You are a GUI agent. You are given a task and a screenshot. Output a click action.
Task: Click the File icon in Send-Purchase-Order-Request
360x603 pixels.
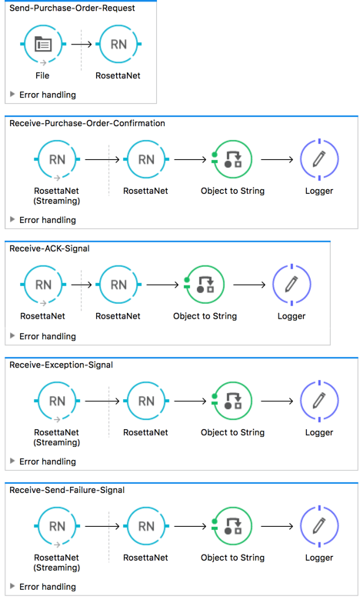pos(42,45)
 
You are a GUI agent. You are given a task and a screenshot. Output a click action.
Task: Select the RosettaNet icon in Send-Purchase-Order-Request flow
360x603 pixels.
pos(118,45)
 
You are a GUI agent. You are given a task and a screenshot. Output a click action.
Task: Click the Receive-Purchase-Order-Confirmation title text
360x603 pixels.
pos(86,123)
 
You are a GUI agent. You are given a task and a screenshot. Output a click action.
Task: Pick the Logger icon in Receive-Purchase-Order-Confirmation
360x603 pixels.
pos(319,160)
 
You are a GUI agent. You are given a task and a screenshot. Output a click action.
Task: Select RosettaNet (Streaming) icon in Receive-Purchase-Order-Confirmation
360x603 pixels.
pos(57,160)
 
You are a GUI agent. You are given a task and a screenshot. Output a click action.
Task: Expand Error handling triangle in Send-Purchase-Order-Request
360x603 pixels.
pos(12,95)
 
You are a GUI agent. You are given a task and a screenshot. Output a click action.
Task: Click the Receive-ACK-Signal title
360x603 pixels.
pos(52,248)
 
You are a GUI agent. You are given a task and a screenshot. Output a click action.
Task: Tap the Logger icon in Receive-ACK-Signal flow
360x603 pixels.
pos(292,285)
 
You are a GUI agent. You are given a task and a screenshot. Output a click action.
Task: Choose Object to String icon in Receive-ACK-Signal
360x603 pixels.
pos(205,285)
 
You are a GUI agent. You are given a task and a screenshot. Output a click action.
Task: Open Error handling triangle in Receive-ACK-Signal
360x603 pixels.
pos(12,336)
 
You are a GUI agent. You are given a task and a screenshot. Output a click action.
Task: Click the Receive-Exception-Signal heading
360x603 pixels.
pos(62,365)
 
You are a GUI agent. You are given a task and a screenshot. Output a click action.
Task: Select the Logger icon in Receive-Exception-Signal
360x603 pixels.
pos(319,401)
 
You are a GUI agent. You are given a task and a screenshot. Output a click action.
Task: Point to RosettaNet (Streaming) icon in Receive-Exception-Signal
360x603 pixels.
pos(57,401)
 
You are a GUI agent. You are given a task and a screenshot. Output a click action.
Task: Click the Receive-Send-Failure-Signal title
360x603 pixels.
pos(67,489)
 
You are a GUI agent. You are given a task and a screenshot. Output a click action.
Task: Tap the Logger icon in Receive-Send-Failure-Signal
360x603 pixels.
pos(319,526)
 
